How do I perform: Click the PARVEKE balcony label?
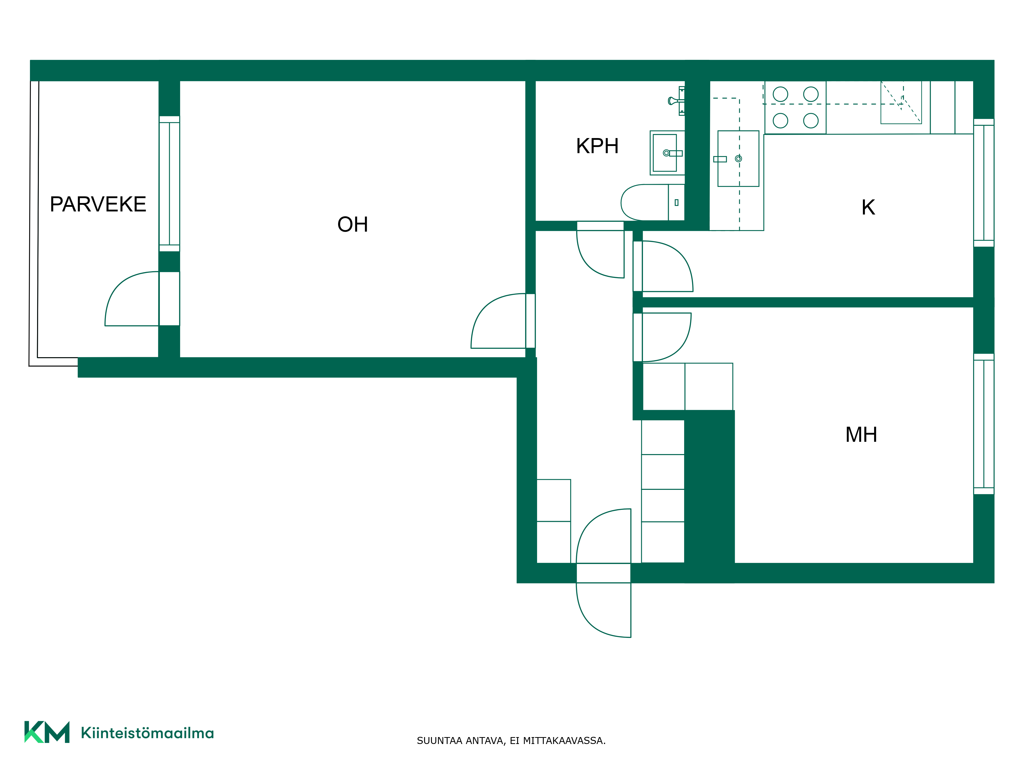coord(98,204)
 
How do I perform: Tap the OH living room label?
coord(353,225)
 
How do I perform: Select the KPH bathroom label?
coord(597,146)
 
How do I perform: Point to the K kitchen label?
coord(868,208)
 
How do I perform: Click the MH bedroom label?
coord(861,435)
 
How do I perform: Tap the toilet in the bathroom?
coord(652,202)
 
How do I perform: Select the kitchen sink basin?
coord(738,159)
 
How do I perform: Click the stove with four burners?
coord(795,107)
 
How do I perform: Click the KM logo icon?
coord(47,732)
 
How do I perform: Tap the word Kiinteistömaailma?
coord(147,733)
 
